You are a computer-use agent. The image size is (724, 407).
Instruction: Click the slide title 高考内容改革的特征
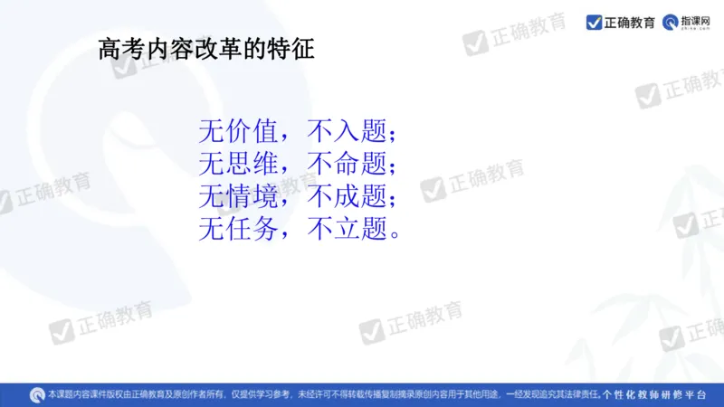tap(207, 49)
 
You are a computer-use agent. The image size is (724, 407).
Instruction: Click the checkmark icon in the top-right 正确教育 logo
tap(594, 22)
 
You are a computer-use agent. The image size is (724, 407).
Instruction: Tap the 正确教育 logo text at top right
tap(630, 22)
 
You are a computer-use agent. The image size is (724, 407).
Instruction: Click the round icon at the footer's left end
tap(36, 394)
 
